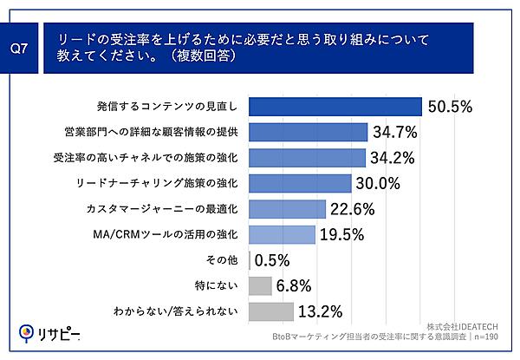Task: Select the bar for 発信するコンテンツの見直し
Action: pyautogui.click(x=335, y=107)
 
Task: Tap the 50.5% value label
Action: pyautogui.click(x=449, y=107)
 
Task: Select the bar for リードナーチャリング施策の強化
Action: pyautogui.click(x=299, y=183)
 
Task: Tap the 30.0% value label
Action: pyautogui.click(x=379, y=183)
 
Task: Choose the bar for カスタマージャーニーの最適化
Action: pyautogui.click(x=286, y=208)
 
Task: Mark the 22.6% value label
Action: pyautogui.click(x=354, y=208)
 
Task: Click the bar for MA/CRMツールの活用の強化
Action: pyautogui.click(x=281, y=234)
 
